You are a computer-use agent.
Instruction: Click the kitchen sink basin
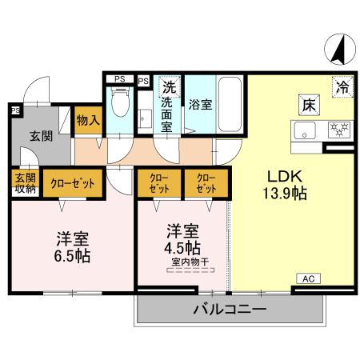pyautogui.click(x=306, y=132)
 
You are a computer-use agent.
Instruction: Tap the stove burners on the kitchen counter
pyautogui.click(x=340, y=130)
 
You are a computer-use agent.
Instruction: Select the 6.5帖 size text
pyautogui.click(x=73, y=256)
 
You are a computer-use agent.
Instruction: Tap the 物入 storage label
pyautogui.click(x=88, y=121)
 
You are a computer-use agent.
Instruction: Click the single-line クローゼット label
pyautogui.click(x=73, y=183)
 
